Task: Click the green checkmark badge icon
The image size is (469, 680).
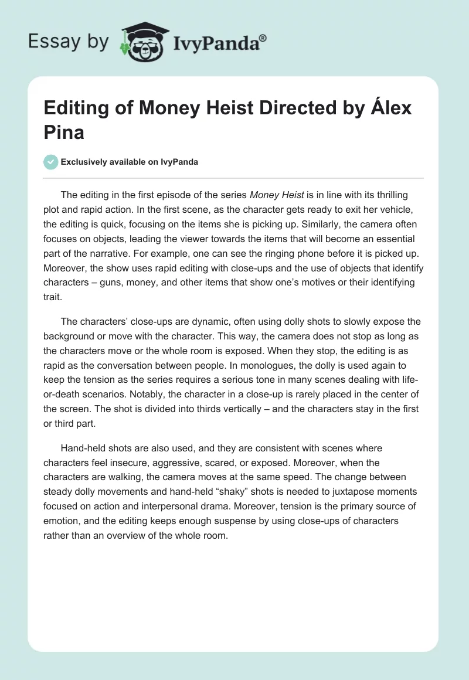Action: tap(52, 162)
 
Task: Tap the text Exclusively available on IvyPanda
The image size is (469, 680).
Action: tap(130, 162)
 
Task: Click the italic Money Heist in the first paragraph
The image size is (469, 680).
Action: tap(276, 195)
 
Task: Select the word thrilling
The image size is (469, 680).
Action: tap(386, 195)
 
